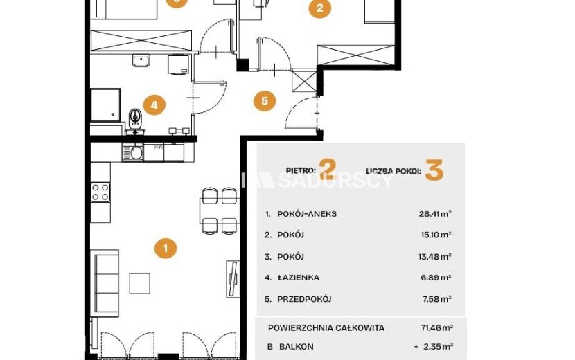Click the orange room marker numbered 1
pyautogui.click(x=166, y=248)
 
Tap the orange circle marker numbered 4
pyautogui.click(x=154, y=105)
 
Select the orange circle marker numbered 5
pyautogui.click(x=265, y=101)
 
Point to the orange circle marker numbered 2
pyautogui.click(x=320, y=8)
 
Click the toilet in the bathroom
pyautogui.click(x=135, y=120)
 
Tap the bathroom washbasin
pyautogui.click(x=141, y=60)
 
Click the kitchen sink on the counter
pyautogui.click(x=133, y=152)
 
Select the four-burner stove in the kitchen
pyautogui.click(x=100, y=192)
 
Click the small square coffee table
pyautogui.click(x=140, y=283)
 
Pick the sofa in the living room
pyautogui.click(x=105, y=284)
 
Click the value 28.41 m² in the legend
pyautogui.click(x=435, y=213)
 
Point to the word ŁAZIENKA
pyautogui.click(x=298, y=278)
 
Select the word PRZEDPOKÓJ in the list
pyautogui.click(x=304, y=299)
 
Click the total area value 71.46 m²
pyautogui.click(x=436, y=327)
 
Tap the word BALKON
pyautogui.click(x=297, y=346)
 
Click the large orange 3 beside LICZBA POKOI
pyautogui.click(x=434, y=170)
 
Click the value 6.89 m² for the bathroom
pyautogui.click(x=436, y=278)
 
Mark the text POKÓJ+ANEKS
pyautogui.click(x=307, y=214)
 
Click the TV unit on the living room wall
pyautogui.click(x=233, y=279)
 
